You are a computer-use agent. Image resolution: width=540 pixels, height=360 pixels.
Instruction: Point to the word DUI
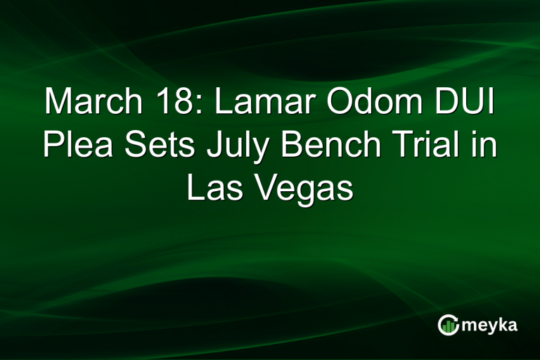pyautogui.click(x=470, y=103)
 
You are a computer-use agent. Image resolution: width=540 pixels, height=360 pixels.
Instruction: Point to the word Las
pyautogui.click(x=211, y=189)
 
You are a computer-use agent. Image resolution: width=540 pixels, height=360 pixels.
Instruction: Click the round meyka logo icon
pyautogui.click(x=448, y=325)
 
